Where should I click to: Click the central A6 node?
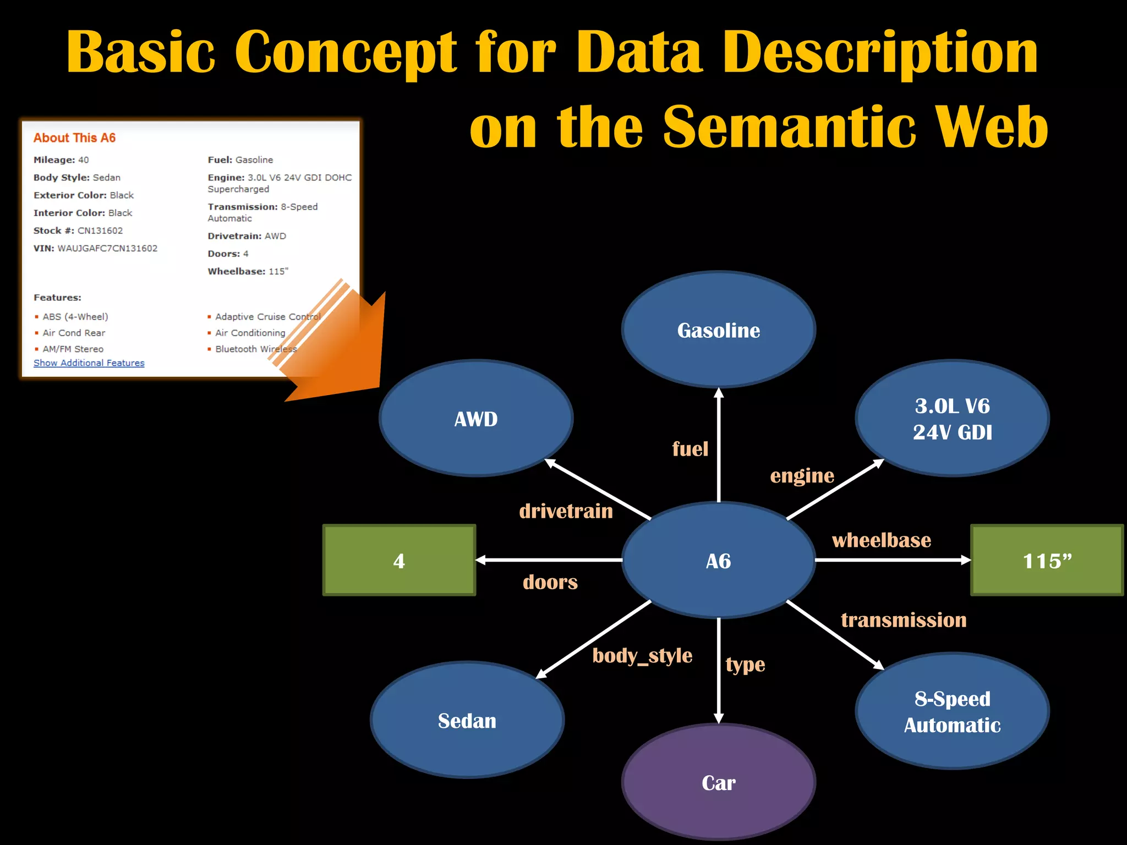pyautogui.click(x=718, y=561)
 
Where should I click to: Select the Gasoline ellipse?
pyautogui.click(x=718, y=330)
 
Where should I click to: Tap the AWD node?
pyautogui.click(x=476, y=419)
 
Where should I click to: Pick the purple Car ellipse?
pyautogui.click(x=718, y=782)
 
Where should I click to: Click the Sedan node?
pyautogui.click(x=467, y=720)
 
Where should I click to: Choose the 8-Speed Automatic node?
pyautogui.click(x=952, y=711)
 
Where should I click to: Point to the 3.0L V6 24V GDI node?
pyautogui.click(x=952, y=419)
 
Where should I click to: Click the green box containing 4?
pyautogui.click(x=399, y=561)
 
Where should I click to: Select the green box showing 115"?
pyautogui.click(x=1047, y=561)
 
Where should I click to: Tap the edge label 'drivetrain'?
pyautogui.click(x=566, y=511)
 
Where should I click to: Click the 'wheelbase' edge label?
pyautogui.click(x=881, y=540)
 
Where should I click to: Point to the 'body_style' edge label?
pyautogui.click(x=642, y=656)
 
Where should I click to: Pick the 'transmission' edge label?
pyautogui.click(x=904, y=620)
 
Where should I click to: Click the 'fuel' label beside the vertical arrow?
pyautogui.click(x=690, y=449)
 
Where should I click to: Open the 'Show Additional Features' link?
pyautogui.click(x=89, y=363)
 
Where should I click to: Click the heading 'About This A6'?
pyautogui.click(x=74, y=138)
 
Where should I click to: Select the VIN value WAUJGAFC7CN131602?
pyautogui.click(x=107, y=248)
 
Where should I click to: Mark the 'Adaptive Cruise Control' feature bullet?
pyautogui.click(x=267, y=316)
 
